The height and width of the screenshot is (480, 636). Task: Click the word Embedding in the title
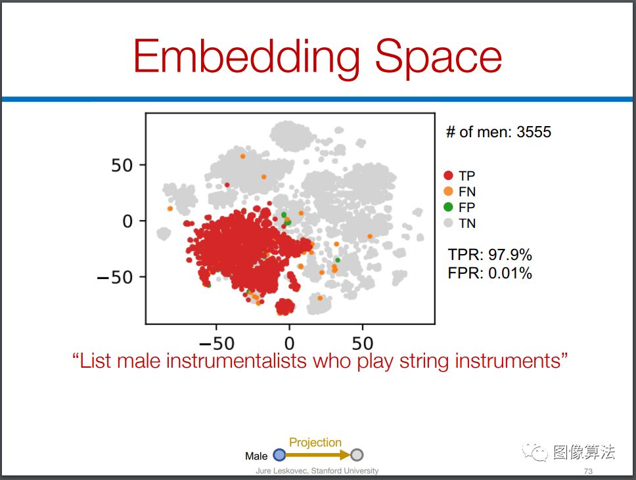246,57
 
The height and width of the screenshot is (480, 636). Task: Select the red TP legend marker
448,175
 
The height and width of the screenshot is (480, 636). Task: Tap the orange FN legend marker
448,191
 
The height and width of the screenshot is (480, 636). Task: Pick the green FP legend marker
448,207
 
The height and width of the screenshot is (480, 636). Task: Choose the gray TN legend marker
448,223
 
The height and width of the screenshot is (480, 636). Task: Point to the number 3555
534,132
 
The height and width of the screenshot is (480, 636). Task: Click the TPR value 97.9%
510,255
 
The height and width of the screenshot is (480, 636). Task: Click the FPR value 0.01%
510,273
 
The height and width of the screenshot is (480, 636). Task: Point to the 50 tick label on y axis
122,165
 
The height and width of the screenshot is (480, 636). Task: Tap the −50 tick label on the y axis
115,278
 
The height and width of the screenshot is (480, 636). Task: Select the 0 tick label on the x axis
289,343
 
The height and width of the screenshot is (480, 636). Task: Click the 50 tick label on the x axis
362,343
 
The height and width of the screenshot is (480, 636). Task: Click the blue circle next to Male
279,455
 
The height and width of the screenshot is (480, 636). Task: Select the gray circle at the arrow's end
357,455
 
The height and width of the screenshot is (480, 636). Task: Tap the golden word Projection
315,443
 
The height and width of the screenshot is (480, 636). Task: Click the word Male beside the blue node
256,456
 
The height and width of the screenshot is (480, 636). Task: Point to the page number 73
588,471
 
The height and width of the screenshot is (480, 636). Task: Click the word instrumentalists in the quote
236,360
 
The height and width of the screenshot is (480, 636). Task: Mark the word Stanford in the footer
327,471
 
